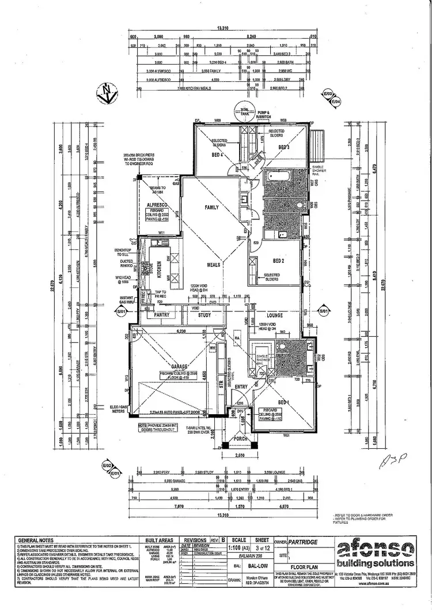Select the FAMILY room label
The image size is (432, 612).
click(x=213, y=208)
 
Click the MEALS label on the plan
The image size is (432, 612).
click(x=215, y=265)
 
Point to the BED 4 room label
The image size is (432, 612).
click(x=218, y=155)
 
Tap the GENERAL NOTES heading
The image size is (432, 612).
click(x=36, y=540)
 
